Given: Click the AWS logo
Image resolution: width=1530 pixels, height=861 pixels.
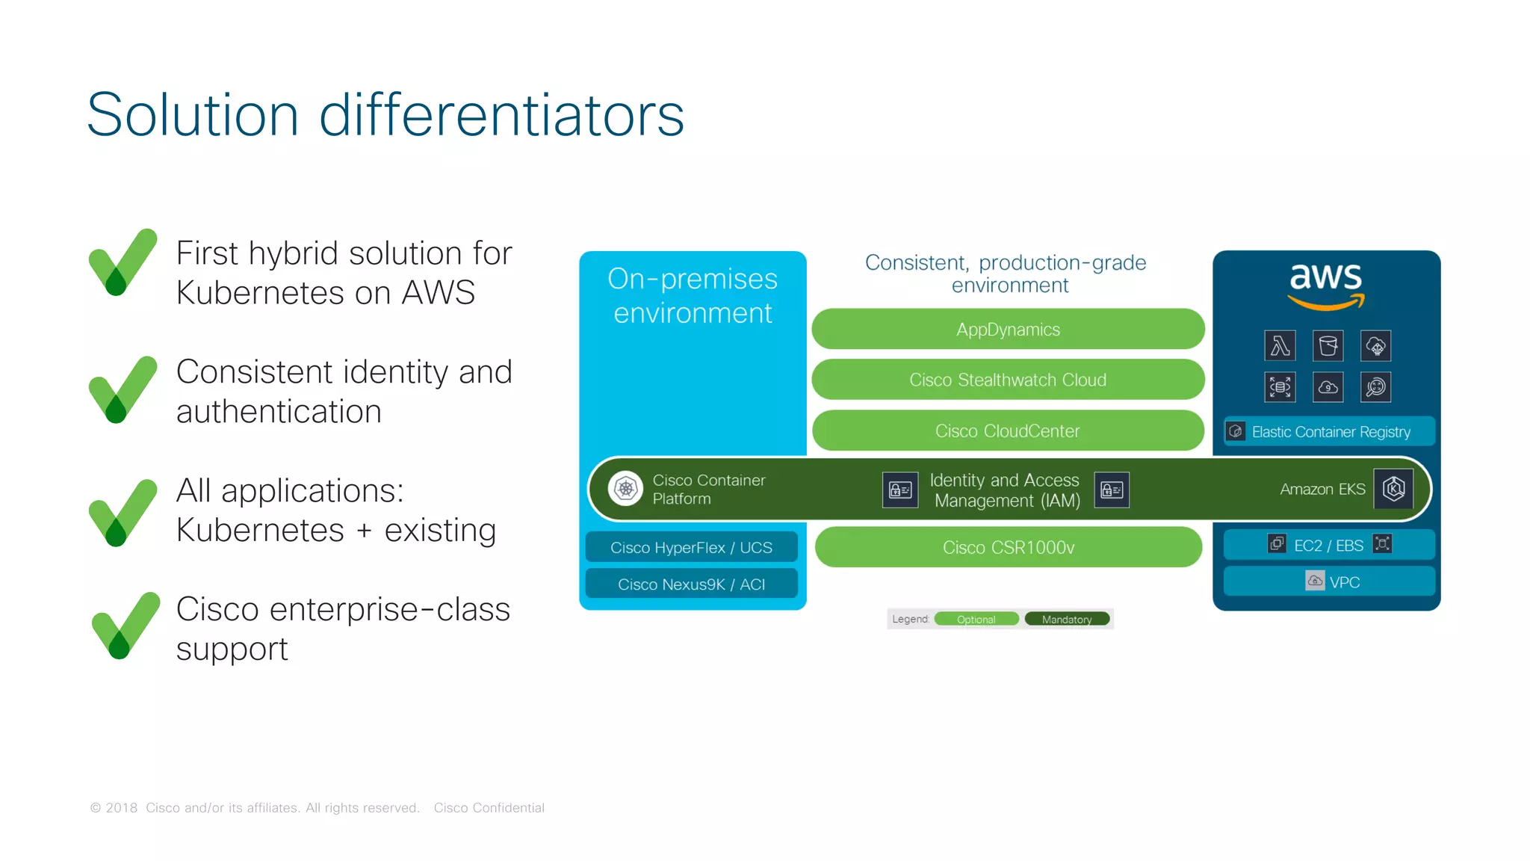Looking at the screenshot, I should (x=1326, y=284).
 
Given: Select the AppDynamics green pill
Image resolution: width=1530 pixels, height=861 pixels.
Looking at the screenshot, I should (x=1008, y=330).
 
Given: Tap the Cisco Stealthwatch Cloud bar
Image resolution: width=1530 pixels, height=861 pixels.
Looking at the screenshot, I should (x=1008, y=380).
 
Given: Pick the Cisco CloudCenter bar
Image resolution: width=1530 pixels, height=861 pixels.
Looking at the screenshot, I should (x=1008, y=431).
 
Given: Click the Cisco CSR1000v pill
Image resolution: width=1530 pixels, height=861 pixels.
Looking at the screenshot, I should (x=1008, y=548).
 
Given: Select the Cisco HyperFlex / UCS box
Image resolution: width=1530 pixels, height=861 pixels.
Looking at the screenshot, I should (x=691, y=548).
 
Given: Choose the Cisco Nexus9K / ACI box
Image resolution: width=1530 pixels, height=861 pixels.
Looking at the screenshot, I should (x=691, y=584).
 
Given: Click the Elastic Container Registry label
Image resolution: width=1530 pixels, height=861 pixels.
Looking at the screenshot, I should (x=1330, y=432).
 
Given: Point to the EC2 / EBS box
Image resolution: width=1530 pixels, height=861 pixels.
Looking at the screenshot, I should (x=1328, y=546).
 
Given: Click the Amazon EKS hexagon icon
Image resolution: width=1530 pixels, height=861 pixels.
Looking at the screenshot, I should (x=1393, y=489).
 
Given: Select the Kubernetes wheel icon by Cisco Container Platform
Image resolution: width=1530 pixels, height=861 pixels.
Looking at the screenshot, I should (x=625, y=489).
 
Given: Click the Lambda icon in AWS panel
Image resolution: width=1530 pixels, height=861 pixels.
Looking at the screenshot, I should (x=1280, y=346).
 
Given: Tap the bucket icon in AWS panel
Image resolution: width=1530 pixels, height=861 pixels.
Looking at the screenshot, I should (x=1328, y=346).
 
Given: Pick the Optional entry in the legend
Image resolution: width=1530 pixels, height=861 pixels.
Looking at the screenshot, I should (x=976, y=620).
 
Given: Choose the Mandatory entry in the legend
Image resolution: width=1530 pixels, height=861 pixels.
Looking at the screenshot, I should (x=1067, y=620).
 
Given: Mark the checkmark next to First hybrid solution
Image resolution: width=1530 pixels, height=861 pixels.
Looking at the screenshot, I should (x=123, y=262).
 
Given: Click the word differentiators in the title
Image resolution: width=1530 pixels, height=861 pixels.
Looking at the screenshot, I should (x=501, y=115).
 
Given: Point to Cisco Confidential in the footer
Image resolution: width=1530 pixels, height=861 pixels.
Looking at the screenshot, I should (x=489, y=808).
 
